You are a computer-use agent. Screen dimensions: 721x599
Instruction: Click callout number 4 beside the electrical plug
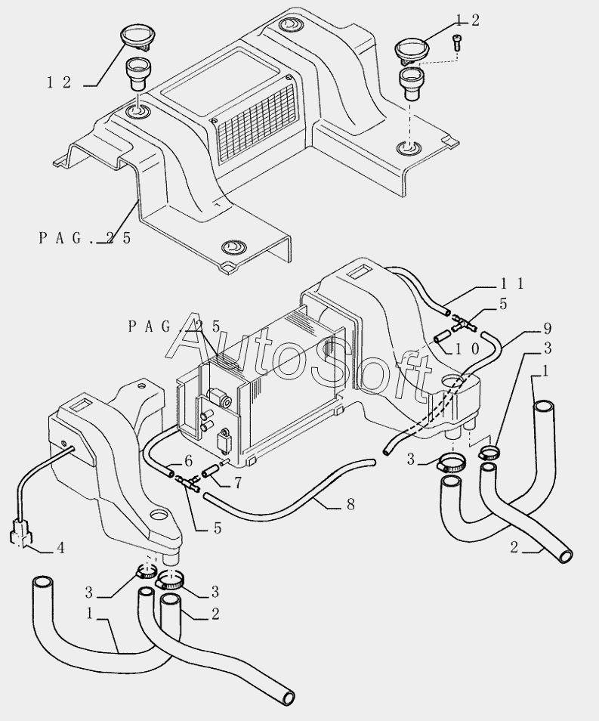(x=60, y=547)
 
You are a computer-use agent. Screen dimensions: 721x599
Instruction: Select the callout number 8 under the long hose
(x=350, y=503)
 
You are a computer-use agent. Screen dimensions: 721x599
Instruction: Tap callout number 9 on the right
(x=547, y=328)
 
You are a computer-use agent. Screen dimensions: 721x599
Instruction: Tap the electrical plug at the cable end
(x=20, y=534)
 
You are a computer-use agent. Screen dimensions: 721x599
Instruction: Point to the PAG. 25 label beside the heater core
(x=174, y=326)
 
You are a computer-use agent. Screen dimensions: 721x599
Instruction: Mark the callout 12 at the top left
(x=58, y=83)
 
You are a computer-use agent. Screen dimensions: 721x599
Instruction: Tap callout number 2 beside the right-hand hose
(x=514, y=549)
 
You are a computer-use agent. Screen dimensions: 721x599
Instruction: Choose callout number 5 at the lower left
(x=218, y=529)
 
